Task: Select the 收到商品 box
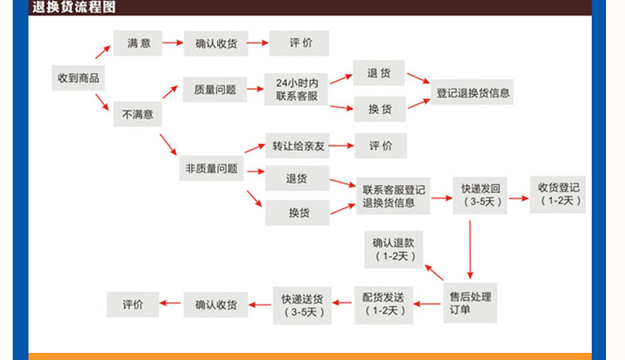(x=78, y=78)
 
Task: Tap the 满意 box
(x=138, y=43)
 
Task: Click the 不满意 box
(x=137, y=115)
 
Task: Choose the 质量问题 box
(x=214, y=89)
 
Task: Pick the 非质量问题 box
(x=211, y=168)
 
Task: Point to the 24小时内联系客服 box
(x=297, y=89)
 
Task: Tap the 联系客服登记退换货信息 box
(x=393, y=196)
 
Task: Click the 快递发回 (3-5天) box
(x=480, y=195)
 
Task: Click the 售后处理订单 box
(x=470, y=303)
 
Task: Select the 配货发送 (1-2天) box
(x=383, y=303)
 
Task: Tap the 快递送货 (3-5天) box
(x=301, y=304)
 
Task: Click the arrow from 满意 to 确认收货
(x=173, y=43)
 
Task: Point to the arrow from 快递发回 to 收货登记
(x=518, y=198)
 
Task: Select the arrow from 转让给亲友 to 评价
(x=341, y=146)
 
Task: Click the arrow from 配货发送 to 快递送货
(x=342, y=302)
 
